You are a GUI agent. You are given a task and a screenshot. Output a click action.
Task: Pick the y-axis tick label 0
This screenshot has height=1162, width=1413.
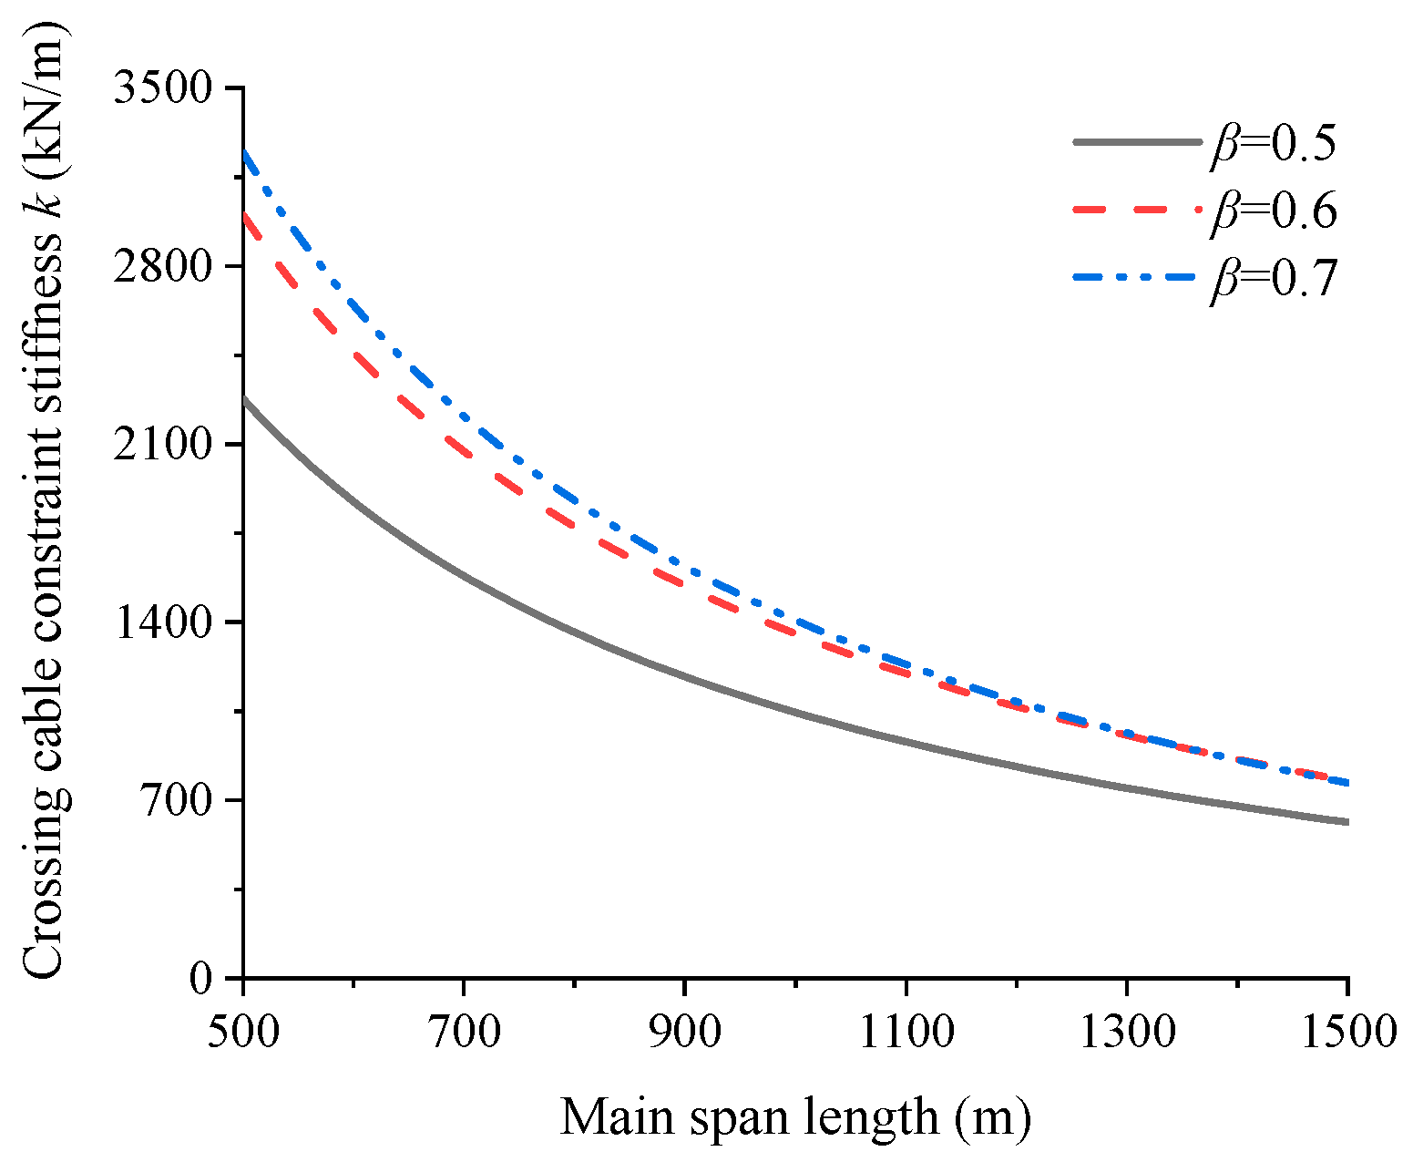click(200, 979)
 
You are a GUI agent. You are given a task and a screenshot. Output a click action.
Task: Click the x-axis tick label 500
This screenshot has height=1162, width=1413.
click(243, 1033)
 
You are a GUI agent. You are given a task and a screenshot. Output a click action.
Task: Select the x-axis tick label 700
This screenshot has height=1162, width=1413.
click(464, 1033)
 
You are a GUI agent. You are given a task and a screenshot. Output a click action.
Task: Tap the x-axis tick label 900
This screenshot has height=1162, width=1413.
click(684, 1033)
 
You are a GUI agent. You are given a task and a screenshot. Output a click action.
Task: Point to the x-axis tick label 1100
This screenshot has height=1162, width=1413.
click(905, 1033)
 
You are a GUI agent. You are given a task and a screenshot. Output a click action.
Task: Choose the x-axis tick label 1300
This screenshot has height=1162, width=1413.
click(1127, 1033)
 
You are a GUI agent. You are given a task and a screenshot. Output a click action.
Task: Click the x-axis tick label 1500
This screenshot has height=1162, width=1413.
click(1347, 1033)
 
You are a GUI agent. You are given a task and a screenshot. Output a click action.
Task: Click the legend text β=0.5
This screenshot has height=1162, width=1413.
click(1273, 144)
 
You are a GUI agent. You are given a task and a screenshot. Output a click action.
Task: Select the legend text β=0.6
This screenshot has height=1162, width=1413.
click(1273, 211)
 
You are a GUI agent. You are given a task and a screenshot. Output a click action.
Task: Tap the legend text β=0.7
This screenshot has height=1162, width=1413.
click(1273, 279)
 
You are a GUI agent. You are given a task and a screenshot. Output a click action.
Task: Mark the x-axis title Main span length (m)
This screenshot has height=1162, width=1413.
click(794, 1116)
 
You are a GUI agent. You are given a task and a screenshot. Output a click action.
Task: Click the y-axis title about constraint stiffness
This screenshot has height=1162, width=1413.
click(44, 501)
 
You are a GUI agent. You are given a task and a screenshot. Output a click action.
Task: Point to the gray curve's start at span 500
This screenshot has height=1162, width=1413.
click(244, 399)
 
